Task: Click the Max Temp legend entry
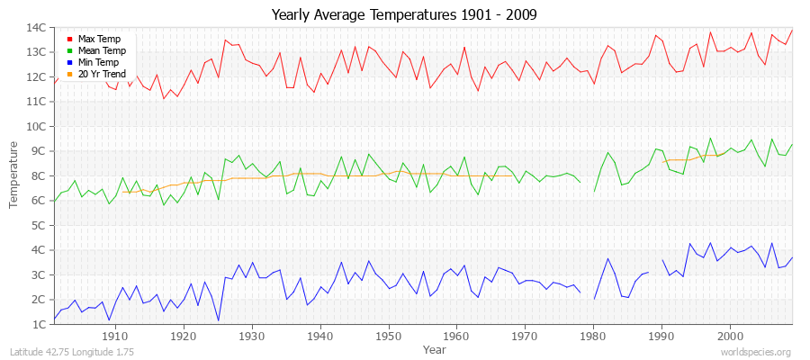pos(99,40)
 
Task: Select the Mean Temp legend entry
pos(101,51)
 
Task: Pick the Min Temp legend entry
pos(98,63)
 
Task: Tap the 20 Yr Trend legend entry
pos(102,74)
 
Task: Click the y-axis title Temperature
pos(14,175)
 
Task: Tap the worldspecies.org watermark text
pos(757,352)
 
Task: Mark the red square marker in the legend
pos(69,40)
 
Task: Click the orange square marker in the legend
pos(69,75)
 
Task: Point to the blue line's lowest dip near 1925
pos(218,320)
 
